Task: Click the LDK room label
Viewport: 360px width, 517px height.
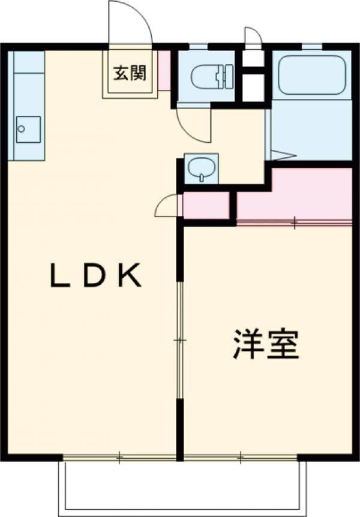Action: click(95, 275)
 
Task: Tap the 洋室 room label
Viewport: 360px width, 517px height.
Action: click(266, 344)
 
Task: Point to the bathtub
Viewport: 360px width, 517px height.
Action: click(311, 74)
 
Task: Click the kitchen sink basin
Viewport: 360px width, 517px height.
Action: click(28, 128)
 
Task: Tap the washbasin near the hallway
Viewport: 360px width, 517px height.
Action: click(201, 168)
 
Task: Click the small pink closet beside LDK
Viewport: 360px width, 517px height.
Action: click(206, 205)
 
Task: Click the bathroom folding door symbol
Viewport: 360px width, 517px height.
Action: click(282, 154)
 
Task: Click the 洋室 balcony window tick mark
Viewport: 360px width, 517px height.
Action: click(241, 458)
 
